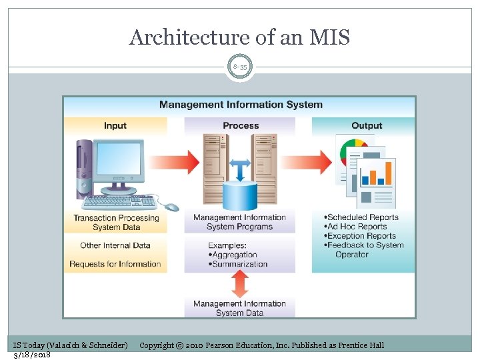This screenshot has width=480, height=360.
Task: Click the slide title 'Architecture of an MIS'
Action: pos(239,37)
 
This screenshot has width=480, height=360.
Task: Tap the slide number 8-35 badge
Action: pos(239,67)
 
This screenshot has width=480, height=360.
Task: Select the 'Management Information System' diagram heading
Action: pos(240,105)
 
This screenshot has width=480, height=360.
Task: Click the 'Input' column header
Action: pos(115,125)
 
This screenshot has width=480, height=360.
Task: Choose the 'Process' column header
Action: pos(240,125)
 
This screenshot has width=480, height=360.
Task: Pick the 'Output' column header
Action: pos(366,125)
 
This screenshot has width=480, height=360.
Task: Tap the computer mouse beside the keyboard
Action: pos(171,207)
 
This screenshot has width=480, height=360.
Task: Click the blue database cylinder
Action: pos(240,195)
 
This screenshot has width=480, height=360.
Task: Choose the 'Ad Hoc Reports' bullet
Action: pos(358,226)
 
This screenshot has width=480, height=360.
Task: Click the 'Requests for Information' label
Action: pos(115,264)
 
